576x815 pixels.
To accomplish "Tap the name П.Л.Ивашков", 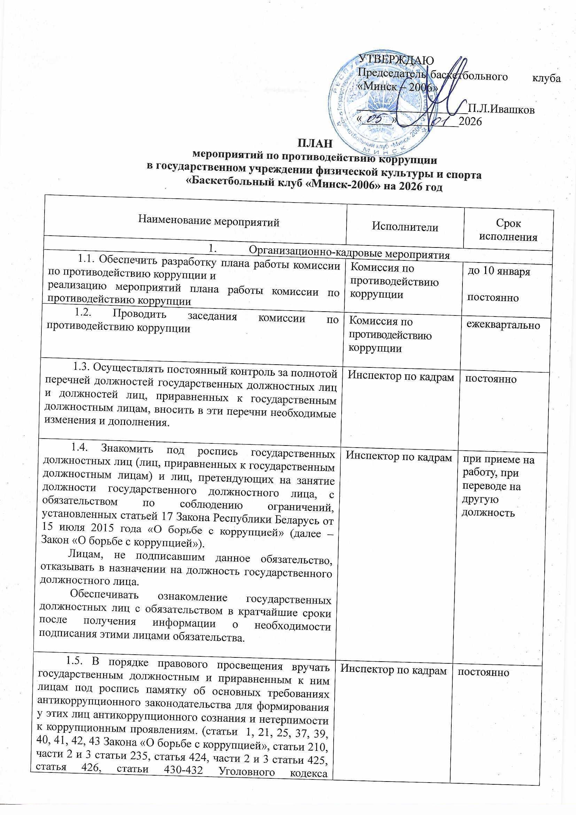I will [501, 109].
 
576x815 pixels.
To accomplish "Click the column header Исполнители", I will [405, 227].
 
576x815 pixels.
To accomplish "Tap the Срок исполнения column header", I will [508, 230].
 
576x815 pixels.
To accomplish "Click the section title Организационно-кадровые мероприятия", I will [349, 254].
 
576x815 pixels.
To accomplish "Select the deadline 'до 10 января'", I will [498, 272].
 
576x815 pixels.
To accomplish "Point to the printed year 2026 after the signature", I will [470, 122].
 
